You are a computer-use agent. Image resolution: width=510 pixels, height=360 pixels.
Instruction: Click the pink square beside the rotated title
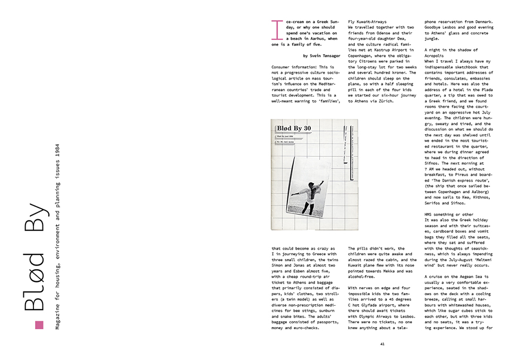(38, 325)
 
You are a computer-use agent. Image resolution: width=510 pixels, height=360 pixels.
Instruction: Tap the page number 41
(382, 344)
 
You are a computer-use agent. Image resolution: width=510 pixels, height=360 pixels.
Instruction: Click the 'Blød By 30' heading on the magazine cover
(294, 128)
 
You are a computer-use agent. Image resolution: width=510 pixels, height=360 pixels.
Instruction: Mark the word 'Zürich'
(384, 101)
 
